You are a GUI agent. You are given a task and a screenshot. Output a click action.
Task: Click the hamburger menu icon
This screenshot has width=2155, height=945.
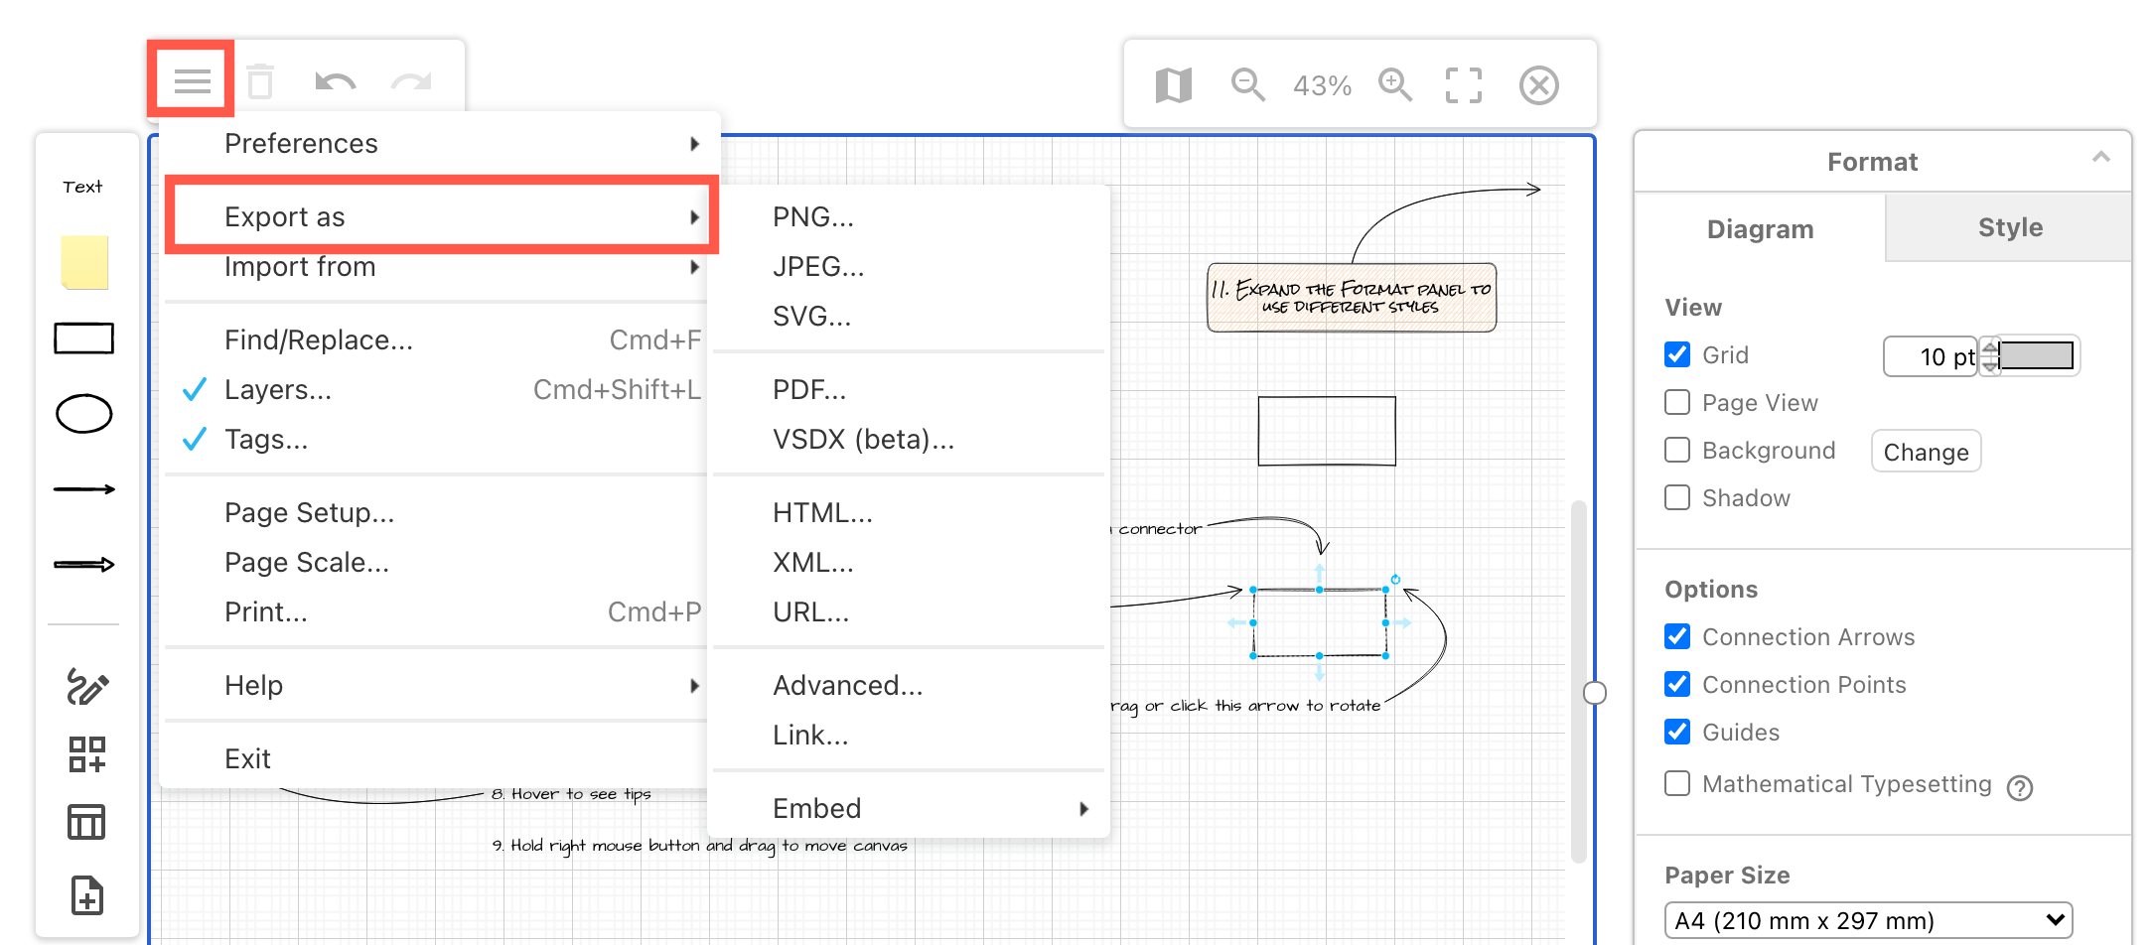pyautogui.click(x=192, y=80)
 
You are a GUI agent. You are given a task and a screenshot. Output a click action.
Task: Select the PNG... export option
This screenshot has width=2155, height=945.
pyautogui.click(x=812, y=217)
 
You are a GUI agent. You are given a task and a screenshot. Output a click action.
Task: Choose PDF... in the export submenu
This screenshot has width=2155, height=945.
pyautogui.click(x=808, y=390)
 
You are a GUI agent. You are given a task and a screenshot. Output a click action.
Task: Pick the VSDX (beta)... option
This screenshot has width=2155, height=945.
pyautogui.click(x=863, y=440)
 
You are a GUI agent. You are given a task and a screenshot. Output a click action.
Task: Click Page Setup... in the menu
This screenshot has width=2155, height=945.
pyautogui.click(x=309, y=513)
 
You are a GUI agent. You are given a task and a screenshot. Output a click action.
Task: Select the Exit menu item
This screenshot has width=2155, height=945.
pyautogui.click(x=247, y=759)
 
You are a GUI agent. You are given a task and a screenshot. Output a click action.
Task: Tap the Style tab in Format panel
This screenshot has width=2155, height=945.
pyautogui.click(x=2009, y=228)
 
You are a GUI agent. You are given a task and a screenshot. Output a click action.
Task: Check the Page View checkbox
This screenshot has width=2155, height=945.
pyautogui.click(x=1677, y=402)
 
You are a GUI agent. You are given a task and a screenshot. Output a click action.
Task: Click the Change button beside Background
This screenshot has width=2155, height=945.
pyautogui.click(x=1926, y=453)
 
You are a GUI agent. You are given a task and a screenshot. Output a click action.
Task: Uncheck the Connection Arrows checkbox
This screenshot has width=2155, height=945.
pyautogui.click(x=1677, y=636)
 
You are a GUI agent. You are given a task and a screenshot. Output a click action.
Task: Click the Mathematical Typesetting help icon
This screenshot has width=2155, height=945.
pyautogui.click(x=2020, y=788)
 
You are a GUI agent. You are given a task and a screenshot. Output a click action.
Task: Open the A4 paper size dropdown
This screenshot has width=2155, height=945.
pyautogui.click(x=1868, y=920)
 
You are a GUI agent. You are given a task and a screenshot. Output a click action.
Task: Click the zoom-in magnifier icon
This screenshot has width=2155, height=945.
pyautogui.click(x=1395, y=85)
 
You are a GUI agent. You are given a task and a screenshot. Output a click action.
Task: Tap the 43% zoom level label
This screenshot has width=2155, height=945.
pyautogui.click(x=1322, y=86)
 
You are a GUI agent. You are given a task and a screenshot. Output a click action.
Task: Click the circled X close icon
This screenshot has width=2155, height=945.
pyautogui.click(x=1538, y=85)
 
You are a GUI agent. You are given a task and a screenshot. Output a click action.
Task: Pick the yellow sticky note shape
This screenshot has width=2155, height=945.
pyautogui.click(x=84, y=263)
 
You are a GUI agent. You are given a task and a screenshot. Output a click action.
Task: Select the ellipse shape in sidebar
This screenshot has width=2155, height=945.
pyautogui.click(x=84, y=414)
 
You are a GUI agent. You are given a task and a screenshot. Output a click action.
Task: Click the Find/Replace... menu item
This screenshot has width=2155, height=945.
pyautogui.click(x=318, y=340)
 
